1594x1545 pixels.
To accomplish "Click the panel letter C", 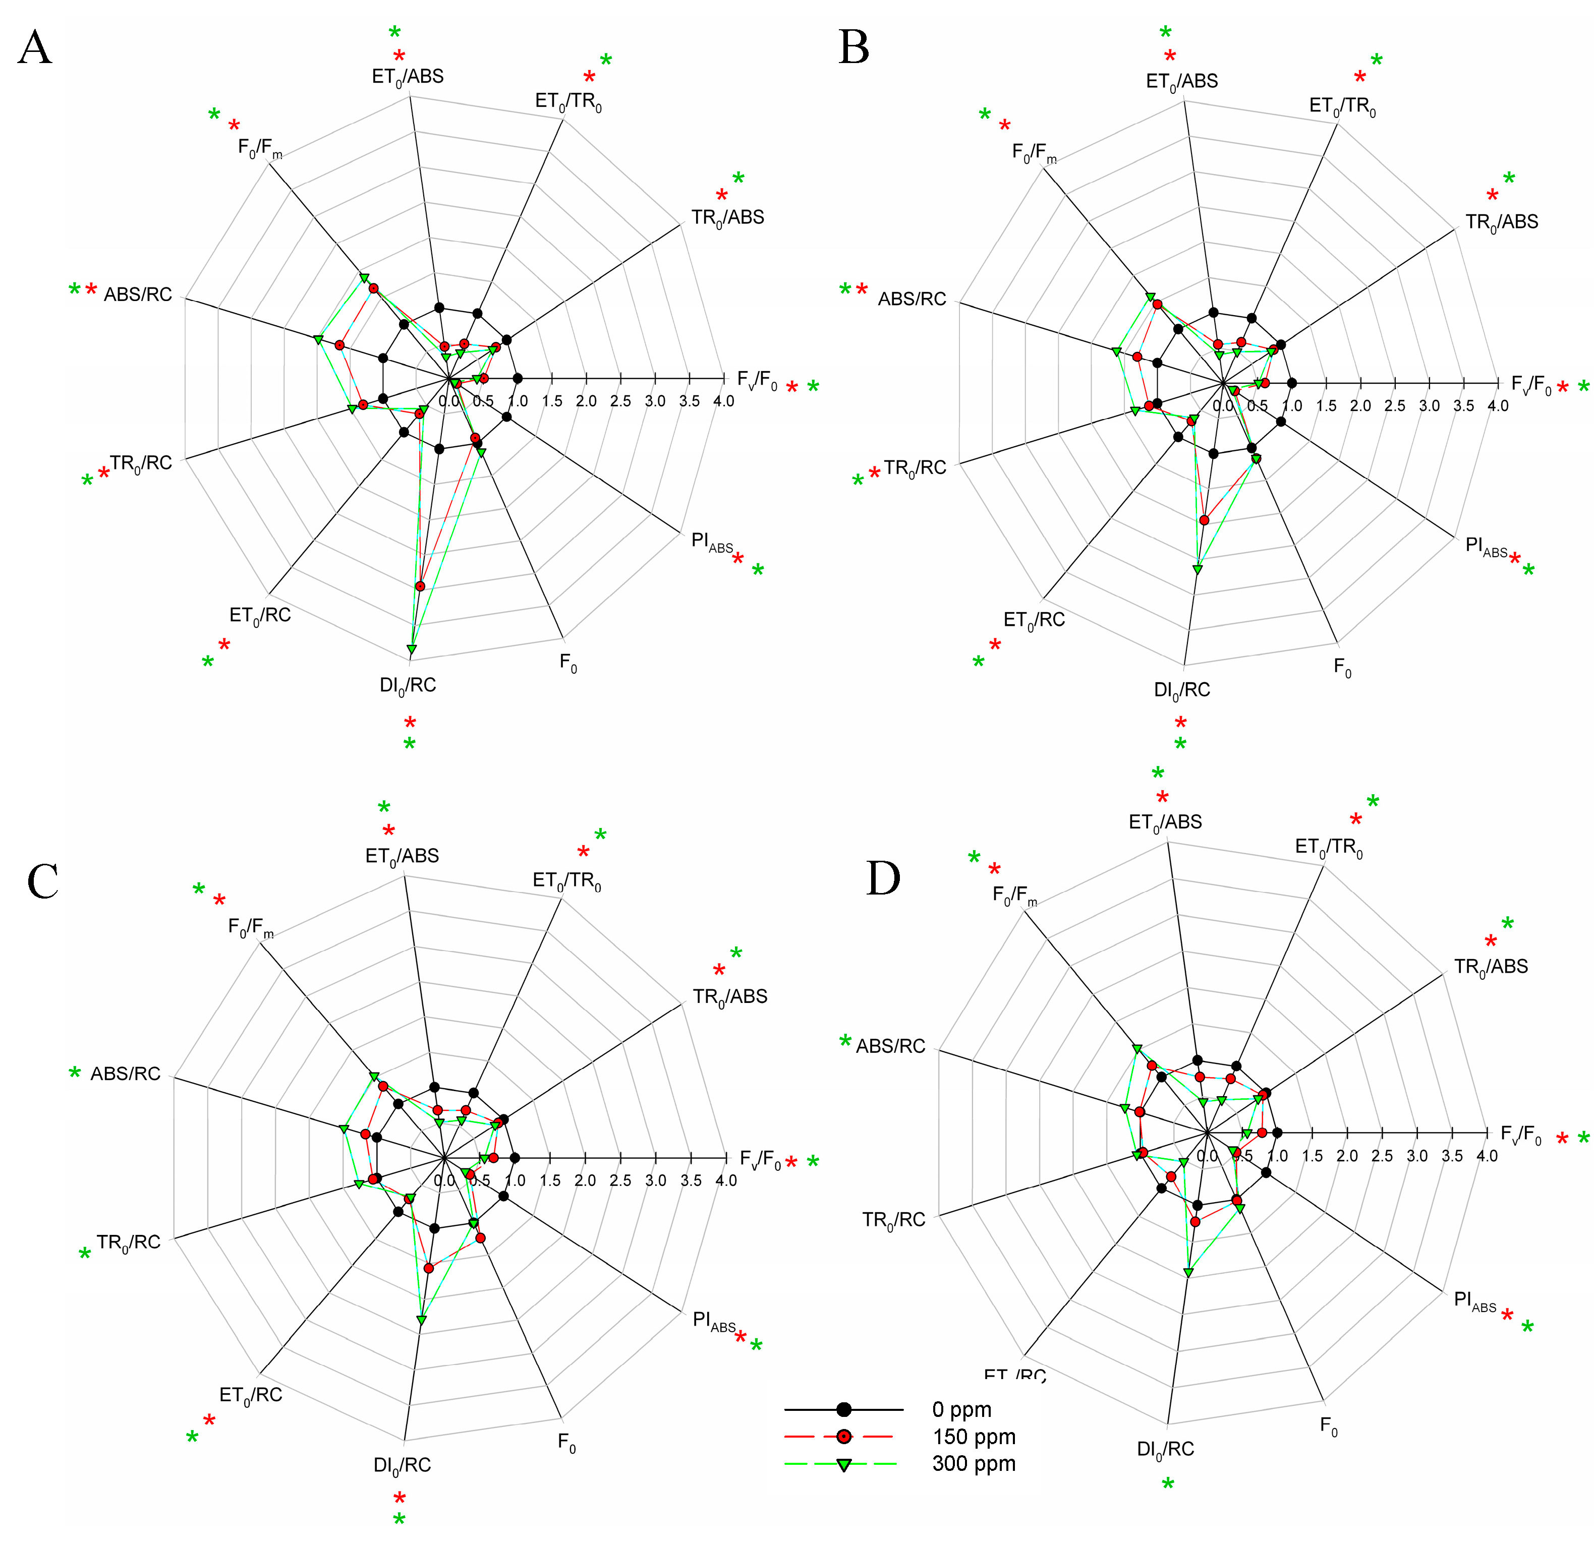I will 42,880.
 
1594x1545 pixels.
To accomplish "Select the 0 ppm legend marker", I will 844,1409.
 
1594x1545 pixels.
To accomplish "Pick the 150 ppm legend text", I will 974,1437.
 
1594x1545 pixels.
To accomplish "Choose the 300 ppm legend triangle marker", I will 844,1464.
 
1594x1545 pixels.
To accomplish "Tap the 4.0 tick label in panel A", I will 723,401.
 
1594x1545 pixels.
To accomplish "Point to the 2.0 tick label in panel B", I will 1360,406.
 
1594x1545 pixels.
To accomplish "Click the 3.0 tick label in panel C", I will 655,1181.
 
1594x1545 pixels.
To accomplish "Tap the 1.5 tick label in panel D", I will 1312,1156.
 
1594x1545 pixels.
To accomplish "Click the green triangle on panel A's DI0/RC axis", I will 412,649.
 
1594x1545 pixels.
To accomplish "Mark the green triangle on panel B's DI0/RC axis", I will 1197,569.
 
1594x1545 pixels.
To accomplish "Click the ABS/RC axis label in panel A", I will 137,294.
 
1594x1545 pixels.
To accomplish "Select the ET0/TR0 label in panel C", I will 567,880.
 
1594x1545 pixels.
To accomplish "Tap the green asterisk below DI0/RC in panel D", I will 1168,1485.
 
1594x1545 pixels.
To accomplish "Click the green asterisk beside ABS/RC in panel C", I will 75,1074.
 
